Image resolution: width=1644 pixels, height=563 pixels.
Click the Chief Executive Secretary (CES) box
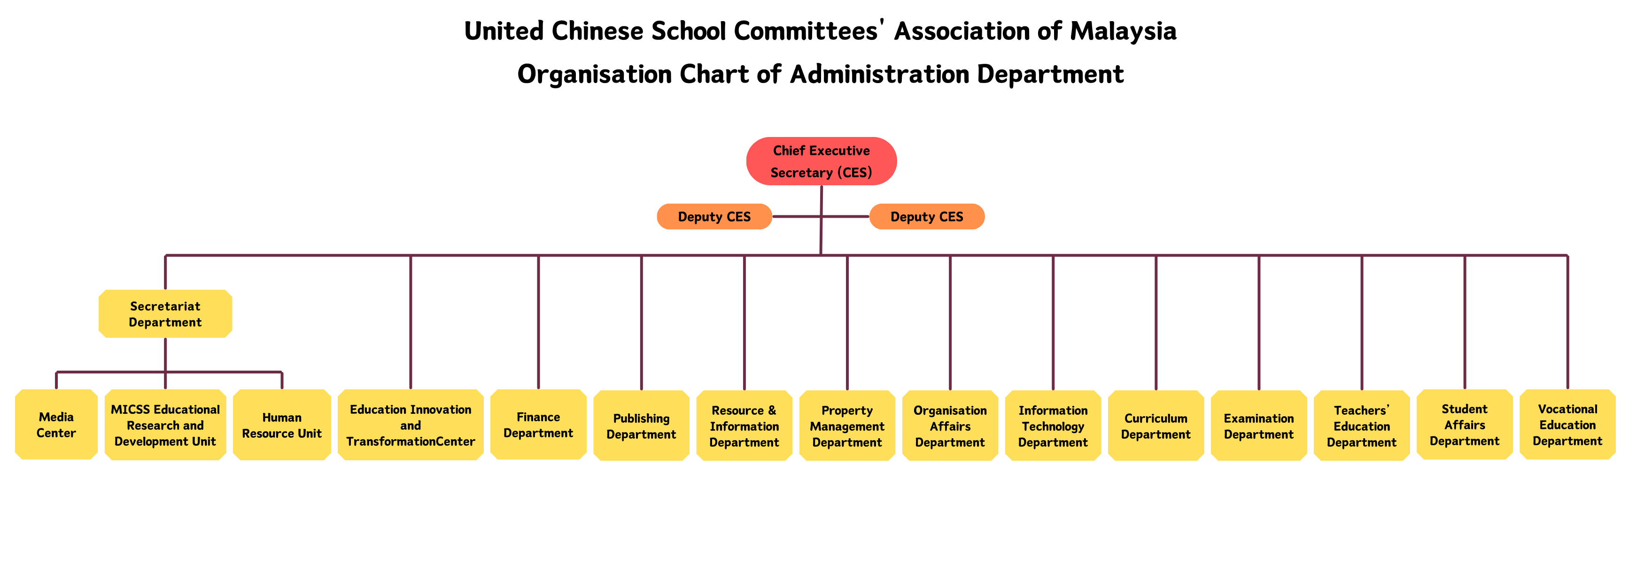point(822,161)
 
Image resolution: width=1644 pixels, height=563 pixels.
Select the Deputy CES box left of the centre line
point(714,217)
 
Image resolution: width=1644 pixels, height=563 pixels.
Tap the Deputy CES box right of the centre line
point(927,217)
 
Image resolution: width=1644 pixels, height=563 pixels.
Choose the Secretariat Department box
point(165,314)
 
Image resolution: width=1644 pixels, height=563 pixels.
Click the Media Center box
point(56,425)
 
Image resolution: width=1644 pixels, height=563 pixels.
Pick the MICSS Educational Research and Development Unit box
point(165,425)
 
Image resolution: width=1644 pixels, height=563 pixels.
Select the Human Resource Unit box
point(282,425)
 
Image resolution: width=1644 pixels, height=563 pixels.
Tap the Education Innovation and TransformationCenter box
point(411,425)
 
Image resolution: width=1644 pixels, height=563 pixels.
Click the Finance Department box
point(538,425)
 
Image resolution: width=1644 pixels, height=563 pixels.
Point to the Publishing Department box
point(641,425)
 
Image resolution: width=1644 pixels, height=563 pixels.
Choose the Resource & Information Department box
point(744,425)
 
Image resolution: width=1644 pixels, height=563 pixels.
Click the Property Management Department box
point(847,425)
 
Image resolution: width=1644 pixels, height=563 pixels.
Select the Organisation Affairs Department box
point(950,425)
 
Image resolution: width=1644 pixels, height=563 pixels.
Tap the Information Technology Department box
point(1053,425)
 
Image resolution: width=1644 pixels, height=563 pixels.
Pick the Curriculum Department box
point(1156,425)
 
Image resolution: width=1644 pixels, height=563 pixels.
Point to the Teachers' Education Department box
point(1362,425)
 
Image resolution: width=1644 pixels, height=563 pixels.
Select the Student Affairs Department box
point(1465,425)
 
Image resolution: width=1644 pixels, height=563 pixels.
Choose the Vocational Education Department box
point(1567,425)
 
